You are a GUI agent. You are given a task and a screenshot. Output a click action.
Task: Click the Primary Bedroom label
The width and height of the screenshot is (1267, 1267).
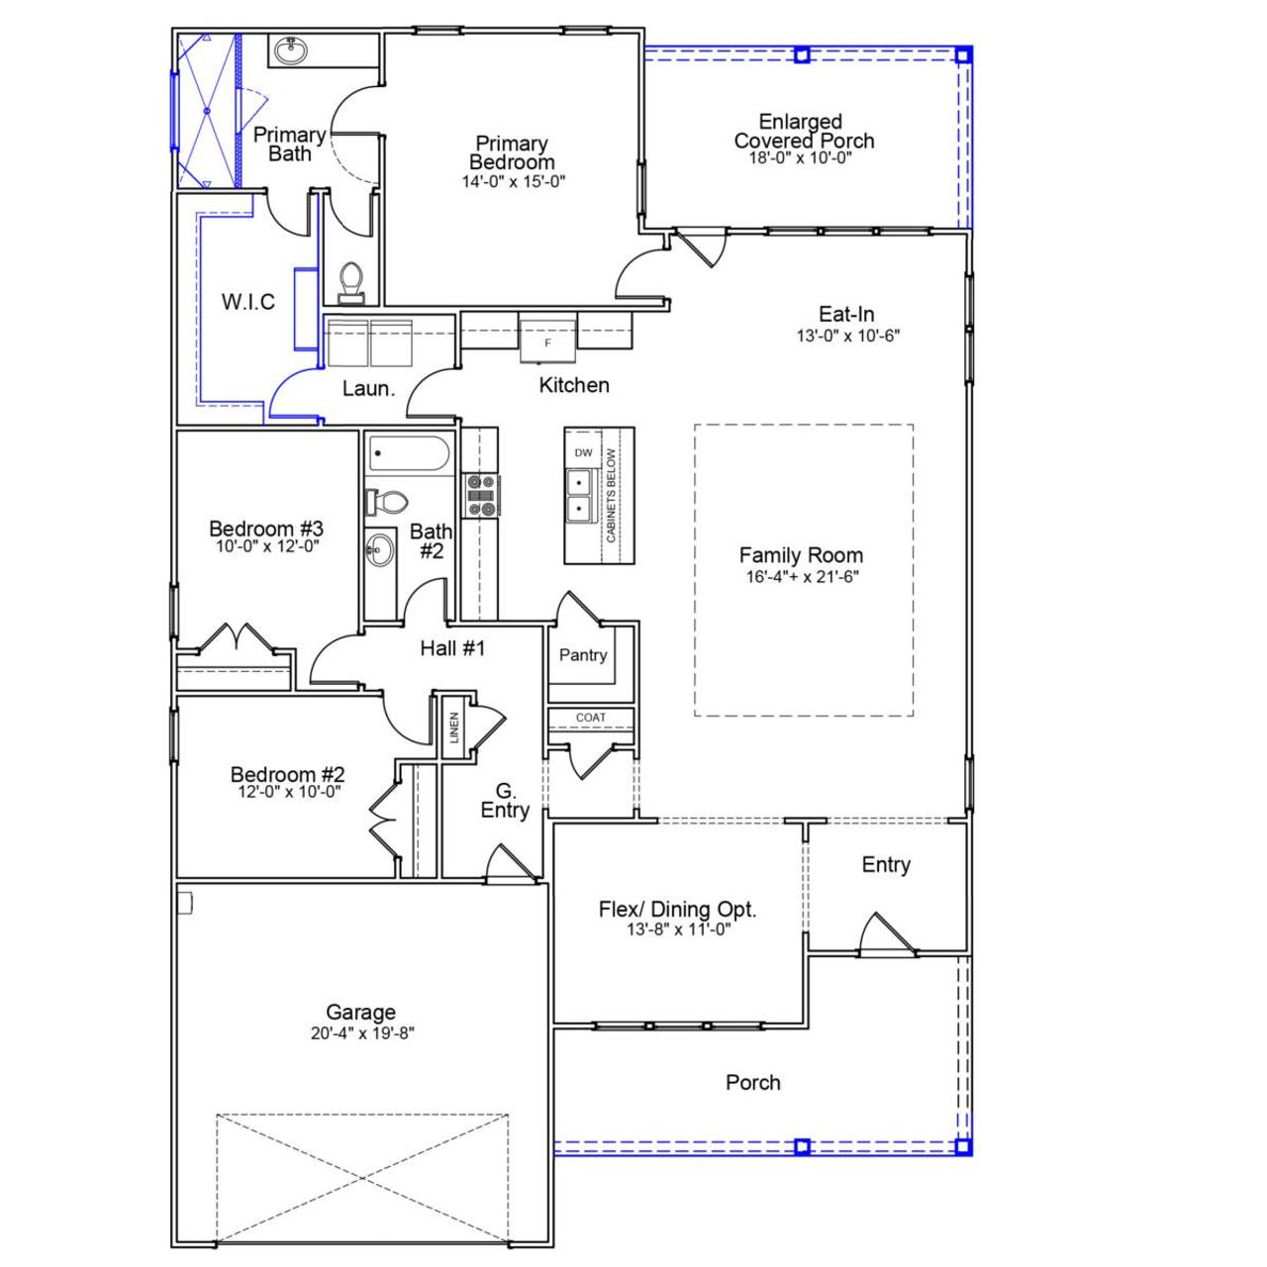click(x=512, y=153)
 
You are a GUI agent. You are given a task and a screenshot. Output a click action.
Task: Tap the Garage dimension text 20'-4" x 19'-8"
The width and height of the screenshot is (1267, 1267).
click(x=361, y=1033)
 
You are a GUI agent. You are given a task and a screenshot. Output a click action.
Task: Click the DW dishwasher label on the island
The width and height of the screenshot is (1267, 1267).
click(x=583, y=453)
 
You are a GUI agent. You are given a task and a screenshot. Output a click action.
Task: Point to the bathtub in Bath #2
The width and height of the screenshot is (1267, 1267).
click(x=409, y=454)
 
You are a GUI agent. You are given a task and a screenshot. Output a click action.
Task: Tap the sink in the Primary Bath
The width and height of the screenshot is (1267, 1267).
click(x=290, y=50)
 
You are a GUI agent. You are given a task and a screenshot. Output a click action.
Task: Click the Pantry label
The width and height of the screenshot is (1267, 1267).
click(x=583, y=655)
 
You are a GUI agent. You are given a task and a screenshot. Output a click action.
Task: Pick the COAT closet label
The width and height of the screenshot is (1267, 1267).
click(x=591, y=718)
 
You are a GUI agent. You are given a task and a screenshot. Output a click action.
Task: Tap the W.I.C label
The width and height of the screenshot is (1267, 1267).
click(x=248, y=302)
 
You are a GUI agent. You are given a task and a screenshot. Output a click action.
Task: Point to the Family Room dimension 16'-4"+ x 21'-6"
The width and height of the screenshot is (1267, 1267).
click(x=802, y=577)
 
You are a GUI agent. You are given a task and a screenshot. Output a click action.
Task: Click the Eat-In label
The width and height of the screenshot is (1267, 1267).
click(x=846, y=315)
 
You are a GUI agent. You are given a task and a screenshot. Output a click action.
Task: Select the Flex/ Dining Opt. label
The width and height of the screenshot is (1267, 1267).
click(x=677, y=909)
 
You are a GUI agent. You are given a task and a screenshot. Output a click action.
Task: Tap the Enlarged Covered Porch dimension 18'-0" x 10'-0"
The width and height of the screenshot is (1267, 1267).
click(x=801, y=158)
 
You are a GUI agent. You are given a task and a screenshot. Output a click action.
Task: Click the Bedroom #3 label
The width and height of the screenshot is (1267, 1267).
click(x=266, y=529)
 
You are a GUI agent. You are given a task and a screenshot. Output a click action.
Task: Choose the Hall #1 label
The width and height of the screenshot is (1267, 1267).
click(x=452, y=648)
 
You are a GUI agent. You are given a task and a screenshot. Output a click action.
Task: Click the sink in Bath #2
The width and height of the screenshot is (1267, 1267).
click(x=379, y=549)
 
